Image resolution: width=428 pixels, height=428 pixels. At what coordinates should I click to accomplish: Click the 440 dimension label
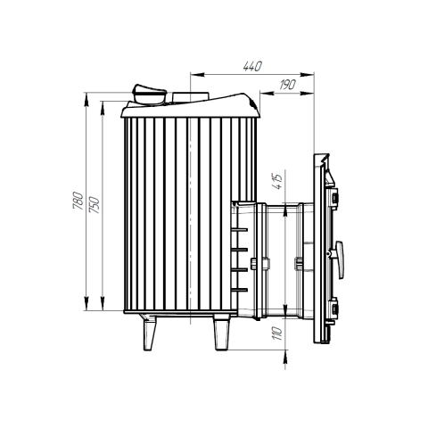[x=252, y=66]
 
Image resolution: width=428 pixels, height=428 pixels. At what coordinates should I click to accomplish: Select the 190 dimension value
[x=288, y=85]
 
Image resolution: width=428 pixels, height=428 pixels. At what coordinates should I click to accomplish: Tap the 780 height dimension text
[x=78, y=201]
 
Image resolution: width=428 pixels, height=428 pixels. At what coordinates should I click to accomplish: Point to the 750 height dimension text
[x=95, y=205]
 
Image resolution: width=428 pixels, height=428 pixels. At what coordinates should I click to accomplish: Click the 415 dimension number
[x=278, y=182]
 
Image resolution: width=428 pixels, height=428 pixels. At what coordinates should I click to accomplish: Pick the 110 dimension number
[x=276, y=333]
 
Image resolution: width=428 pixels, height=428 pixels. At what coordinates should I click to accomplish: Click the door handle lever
[x=339, y=259]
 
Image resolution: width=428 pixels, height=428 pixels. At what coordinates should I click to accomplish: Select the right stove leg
[x=222, y=333]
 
